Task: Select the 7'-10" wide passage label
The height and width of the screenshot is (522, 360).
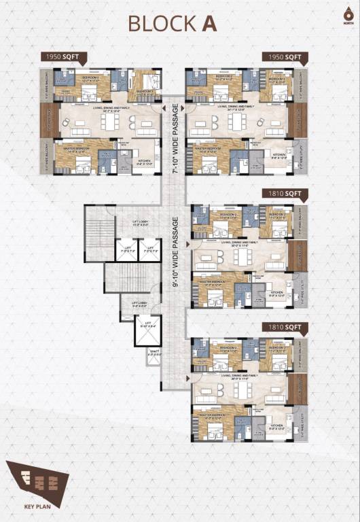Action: [x=175, y=139]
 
